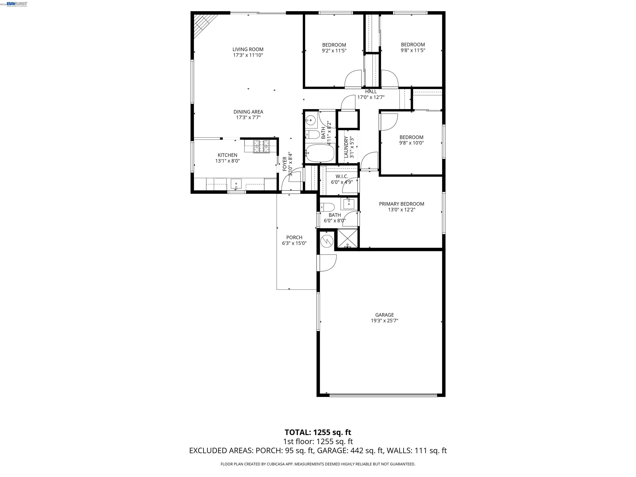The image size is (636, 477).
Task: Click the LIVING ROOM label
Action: [248, 49]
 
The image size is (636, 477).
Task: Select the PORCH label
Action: [294, 237]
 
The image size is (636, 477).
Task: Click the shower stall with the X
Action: [348, 238]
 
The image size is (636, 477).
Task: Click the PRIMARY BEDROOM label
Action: [401, 204]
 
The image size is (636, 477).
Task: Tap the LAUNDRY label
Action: [346, 147]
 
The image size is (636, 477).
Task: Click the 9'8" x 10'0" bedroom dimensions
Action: [411, 143]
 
